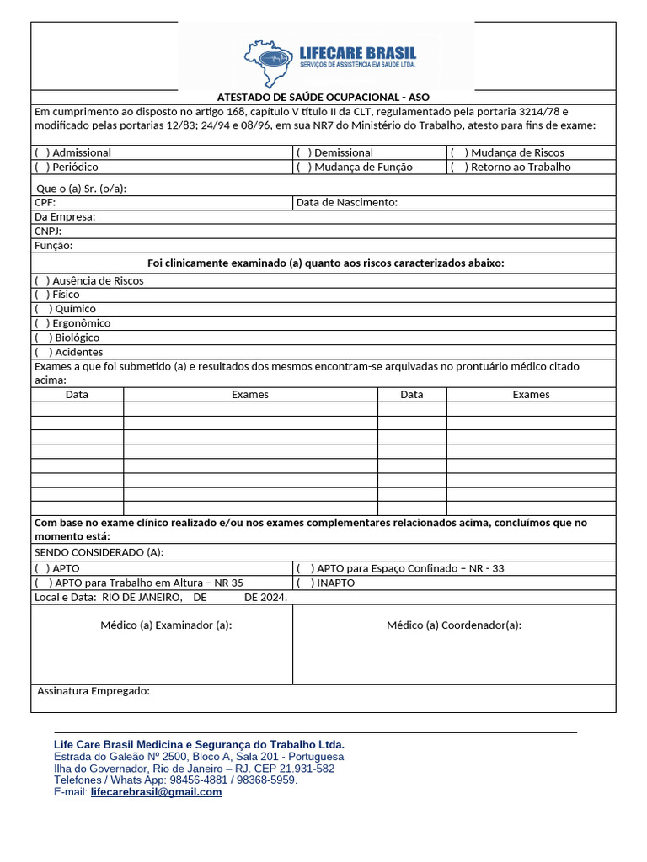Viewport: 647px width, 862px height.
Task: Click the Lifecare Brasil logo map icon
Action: (x=269, y=63)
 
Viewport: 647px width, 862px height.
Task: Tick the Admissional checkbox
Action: (x=41, y=152)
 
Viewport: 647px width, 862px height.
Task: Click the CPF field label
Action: (x=45, y=202)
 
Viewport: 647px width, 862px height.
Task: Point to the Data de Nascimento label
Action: (x=346, y=202)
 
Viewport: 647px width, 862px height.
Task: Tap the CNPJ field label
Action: (x=48, y=231)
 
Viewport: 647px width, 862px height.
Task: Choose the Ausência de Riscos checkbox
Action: (x=41, y=280)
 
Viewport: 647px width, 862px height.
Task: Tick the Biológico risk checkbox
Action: (x=43, y=338)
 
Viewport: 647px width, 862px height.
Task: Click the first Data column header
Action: (x=77, y=394)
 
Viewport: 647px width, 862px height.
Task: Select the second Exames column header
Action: (x=531, y=394)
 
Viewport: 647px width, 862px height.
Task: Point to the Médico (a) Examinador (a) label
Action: (x=166, y=625)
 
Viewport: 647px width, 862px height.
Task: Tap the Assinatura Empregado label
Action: (x=94, y=691)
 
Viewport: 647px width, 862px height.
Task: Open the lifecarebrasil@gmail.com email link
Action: (x=156, y=792)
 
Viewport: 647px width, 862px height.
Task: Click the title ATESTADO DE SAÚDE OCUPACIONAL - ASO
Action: (x=323, y=97)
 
